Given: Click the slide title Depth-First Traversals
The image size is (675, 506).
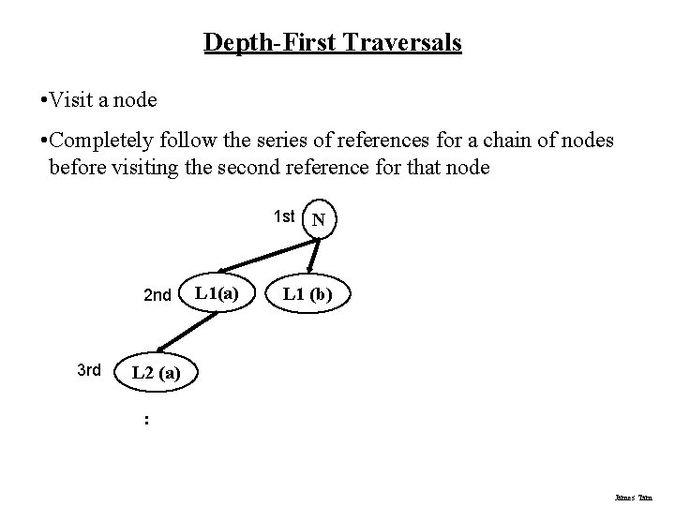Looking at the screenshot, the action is coord(333,43).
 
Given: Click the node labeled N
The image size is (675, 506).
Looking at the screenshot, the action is coord(319,221).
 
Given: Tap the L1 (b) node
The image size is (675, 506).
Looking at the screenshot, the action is coord(308,295).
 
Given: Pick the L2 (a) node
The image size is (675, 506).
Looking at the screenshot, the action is coord(156,372).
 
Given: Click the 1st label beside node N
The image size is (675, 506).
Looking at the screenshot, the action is coord(284,216).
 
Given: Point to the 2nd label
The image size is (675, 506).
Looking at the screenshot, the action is coord(157,296).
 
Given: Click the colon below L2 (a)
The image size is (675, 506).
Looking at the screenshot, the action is coord(145,420).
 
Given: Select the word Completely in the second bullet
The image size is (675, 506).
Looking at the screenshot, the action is coord(97,141).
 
